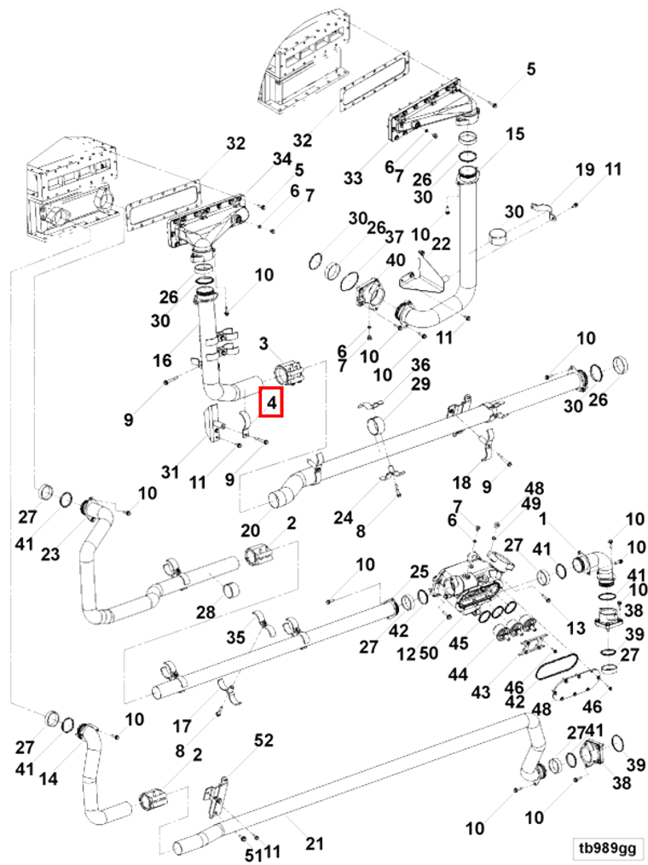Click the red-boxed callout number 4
pos(271,401)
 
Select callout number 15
pos(515,134)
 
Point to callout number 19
pos(584,170)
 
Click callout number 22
pos(441,244)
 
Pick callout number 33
pos(353,177)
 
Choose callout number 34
pos(282,160)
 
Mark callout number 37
pos(394,235)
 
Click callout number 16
pos(162,361)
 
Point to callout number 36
pos(420,365)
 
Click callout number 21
pos(315,845)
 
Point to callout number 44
pos(458,674)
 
